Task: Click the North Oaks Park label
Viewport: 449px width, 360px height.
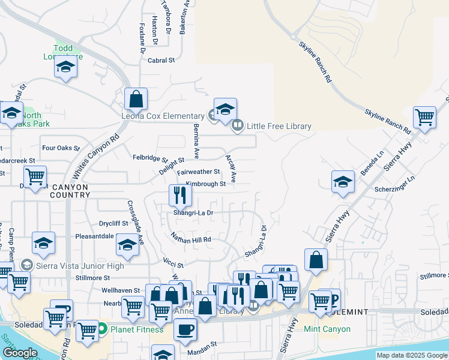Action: click(32, 119)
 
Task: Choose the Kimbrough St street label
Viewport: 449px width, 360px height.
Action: click(205, 184)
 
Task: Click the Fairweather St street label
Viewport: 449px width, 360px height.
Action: click(199, 172)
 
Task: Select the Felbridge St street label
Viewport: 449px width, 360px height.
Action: click(150, 158)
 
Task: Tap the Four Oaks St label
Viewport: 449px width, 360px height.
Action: click(61, 148)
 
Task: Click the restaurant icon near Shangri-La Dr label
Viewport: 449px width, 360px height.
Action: click(179, 194)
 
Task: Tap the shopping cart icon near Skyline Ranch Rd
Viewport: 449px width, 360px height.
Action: click(424, 116)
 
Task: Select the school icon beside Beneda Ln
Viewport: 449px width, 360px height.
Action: click(343, 182)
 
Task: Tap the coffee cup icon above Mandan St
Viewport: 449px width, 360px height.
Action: click(185, 329)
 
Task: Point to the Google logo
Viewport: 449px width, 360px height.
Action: click(20, 353)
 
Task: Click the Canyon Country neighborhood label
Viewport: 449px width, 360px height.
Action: click(69, 191)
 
